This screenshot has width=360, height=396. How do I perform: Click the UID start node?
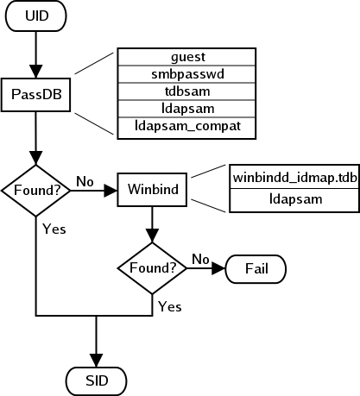[x=36, y=17]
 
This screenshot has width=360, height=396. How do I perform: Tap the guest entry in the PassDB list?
[x=186, y=58]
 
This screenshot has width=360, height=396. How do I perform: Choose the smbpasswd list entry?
[x=186, y=75]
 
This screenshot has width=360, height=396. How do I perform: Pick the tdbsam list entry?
[x=186, y=92]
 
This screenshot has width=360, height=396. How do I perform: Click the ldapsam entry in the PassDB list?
[x=186, y=110]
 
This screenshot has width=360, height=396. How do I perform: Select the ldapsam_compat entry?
[x=186, y=127]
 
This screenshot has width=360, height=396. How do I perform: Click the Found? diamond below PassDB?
[x=36, y=187]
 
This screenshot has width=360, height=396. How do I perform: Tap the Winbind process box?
[x=153, y=188]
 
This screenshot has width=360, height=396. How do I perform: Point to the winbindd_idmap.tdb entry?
[x=294, y=178]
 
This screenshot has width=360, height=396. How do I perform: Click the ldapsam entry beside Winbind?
[x=294, y=199]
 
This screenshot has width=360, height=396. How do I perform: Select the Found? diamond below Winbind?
[x=153, y=267]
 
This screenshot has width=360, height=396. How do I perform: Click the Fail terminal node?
[x=256, y=268]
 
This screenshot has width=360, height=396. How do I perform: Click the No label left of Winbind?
[x=85, y=181]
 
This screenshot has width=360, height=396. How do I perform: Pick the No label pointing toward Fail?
[x=200, y=259]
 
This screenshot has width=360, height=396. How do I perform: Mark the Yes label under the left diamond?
[x=54, y=229]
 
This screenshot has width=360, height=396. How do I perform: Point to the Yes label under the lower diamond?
[x=170, y=306]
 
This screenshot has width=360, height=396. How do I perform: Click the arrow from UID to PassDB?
[x=36, y=54]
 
